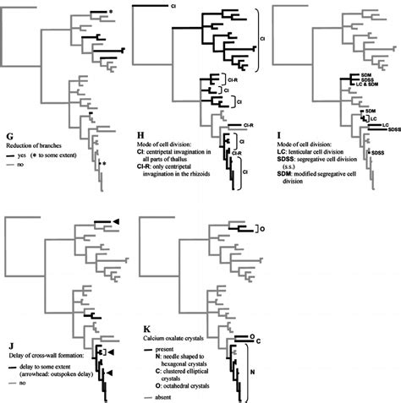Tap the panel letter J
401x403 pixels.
pyautogui.click(x=8, y=342)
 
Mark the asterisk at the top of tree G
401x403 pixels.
pyautogui.click(x=111, y=11)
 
